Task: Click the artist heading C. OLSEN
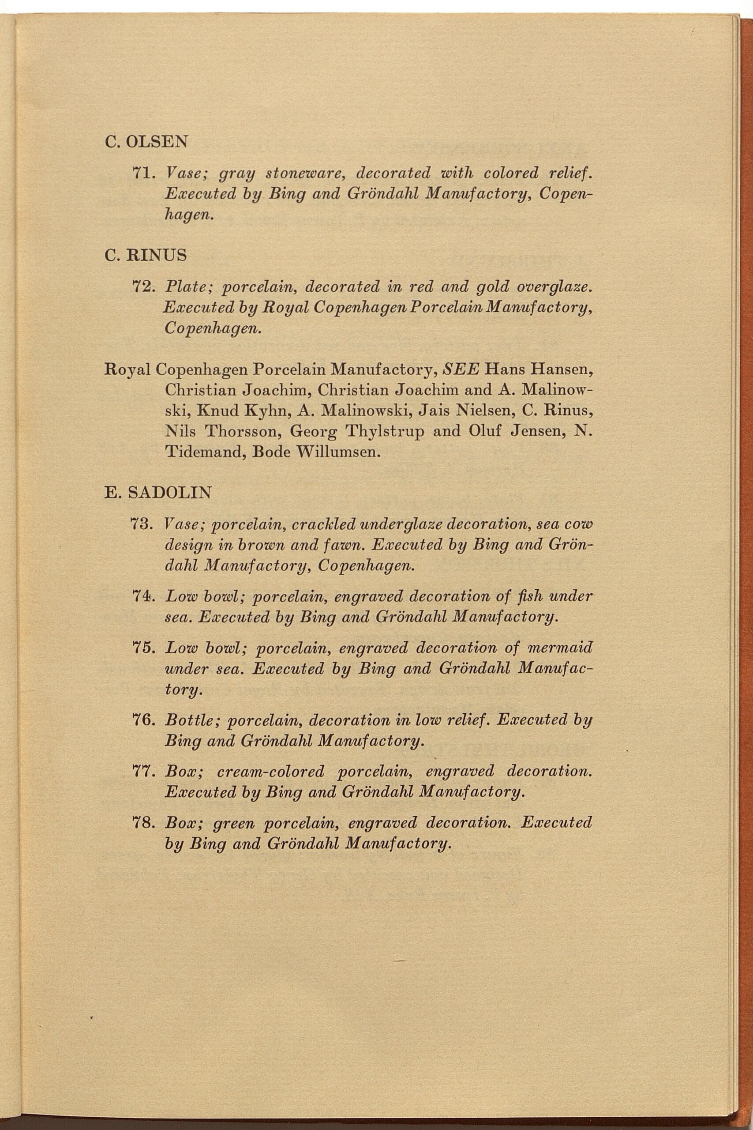tap(146, 141)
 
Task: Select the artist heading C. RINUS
tap(146, 255)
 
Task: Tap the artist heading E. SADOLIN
tap(157, 493)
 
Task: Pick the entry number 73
tap(142, 524)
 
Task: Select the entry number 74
tap(142, 596)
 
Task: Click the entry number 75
tap(142, 648)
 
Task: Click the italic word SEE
tap(461, 369)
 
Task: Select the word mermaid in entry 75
tap(560, 648)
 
